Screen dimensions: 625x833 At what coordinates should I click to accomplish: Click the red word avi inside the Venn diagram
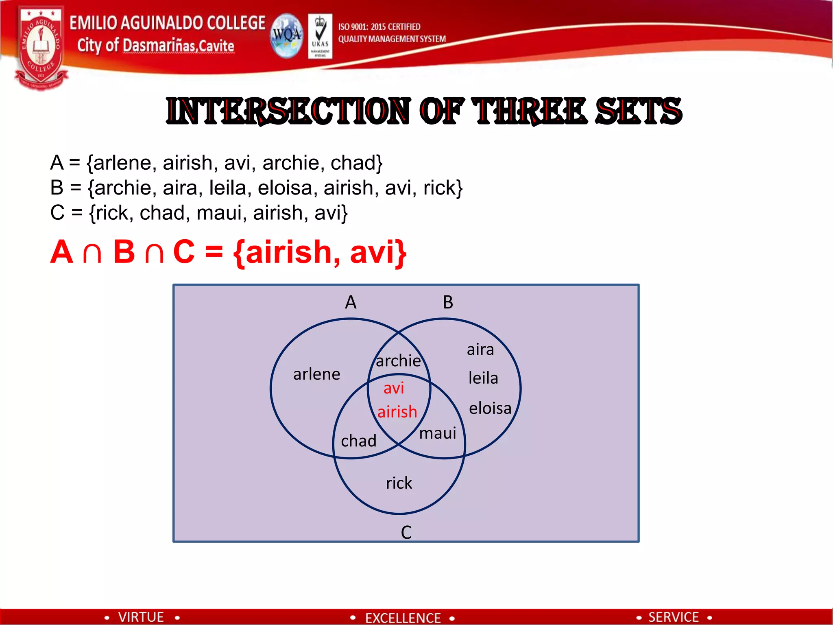click(x=394, y=388)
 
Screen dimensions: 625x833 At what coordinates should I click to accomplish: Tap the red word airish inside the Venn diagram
click(x=397, y=412)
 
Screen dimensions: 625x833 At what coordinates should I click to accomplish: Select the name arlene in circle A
click(x=316, y=374)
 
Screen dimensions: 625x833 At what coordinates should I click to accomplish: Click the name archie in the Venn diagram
click(x=398, y=361)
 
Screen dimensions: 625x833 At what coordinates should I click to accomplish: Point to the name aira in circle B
click(x=480, y=350)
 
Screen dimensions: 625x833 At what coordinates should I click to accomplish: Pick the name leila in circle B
click(x=483, y=378)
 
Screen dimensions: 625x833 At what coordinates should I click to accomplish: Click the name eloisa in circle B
click(x=490, y=408)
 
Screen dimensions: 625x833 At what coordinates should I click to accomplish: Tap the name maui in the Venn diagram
click(x=437, y=433)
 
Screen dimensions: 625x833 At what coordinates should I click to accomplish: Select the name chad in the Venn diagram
click(x=358, y=441)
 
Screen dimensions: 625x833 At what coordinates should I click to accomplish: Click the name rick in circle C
click(x=399, y=483)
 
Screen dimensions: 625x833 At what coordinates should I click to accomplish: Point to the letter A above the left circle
click(x=351, y=302)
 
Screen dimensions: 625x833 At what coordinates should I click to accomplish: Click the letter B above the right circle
click(x=448, y=302)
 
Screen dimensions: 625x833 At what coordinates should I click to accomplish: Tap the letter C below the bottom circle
click(x=406, y=532)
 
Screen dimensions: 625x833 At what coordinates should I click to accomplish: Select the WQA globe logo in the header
click(x=287, y=36)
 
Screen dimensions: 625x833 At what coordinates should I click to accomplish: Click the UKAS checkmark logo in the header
click(x=320, y=36)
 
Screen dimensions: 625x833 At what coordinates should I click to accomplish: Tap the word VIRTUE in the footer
click(x=141, y=617)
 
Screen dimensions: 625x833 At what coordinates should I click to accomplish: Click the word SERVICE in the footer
click(x=673, y=617)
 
